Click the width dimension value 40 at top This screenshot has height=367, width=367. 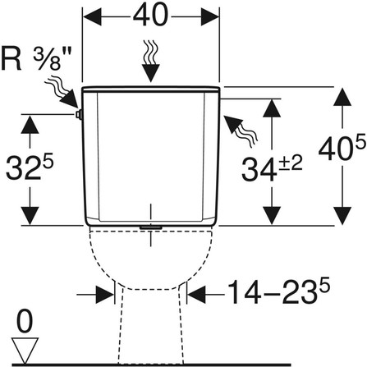tap(150, 15)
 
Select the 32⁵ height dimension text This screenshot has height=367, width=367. tap(30, 167)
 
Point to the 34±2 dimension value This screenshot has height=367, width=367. tap(272, 168)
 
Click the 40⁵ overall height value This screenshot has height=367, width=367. tap(342, 148)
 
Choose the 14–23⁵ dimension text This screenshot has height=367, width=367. tap(278, 291)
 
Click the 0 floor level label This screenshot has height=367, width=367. tap(25, 322)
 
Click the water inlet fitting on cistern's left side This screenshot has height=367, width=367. tap(80, 115)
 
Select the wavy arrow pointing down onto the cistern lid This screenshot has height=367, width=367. tap(151, 61)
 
